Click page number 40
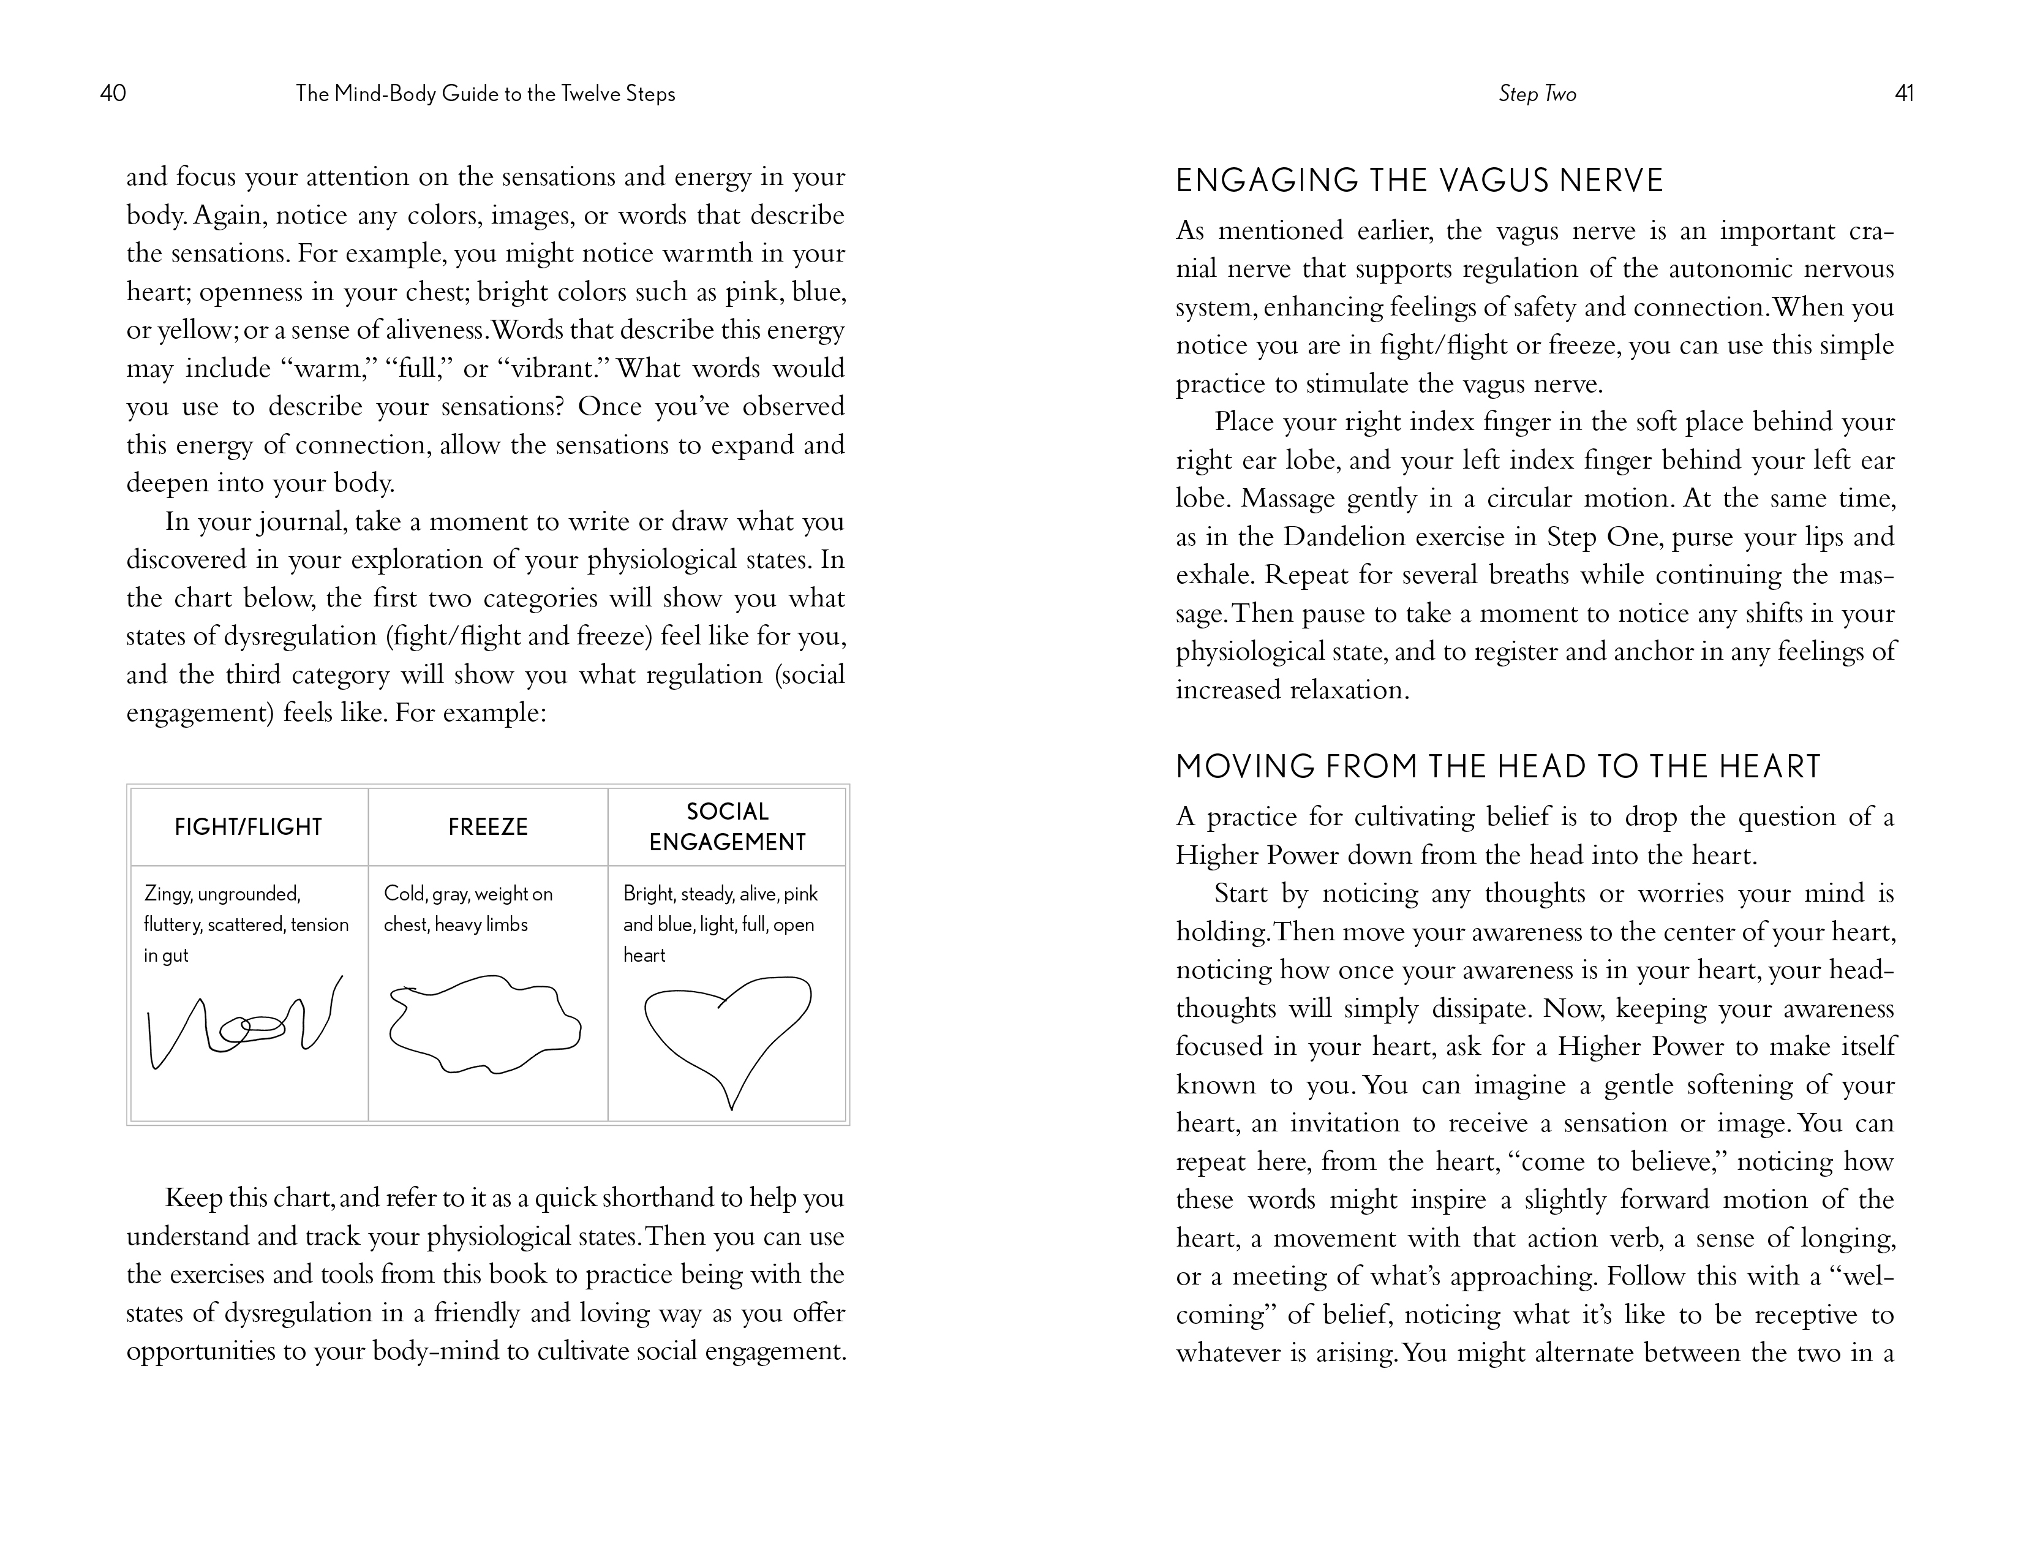(x=113, y=94)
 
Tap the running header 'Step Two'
(x=1537, y=94)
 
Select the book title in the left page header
(x=485, y=94)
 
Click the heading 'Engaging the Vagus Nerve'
(x=1420, y=181)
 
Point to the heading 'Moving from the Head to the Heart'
(x=1498, y=766)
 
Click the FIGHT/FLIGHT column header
(x=248, y=826)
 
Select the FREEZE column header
(x=487, y=826)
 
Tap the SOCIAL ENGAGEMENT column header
(x=728, y=826)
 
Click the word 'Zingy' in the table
(x=167, y=894)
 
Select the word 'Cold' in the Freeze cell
(x=404, y=894)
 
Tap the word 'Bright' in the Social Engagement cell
(x=649, y=894)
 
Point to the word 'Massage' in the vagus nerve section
(x=1282, y=499)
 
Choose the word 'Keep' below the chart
(x=192, y=1198)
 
